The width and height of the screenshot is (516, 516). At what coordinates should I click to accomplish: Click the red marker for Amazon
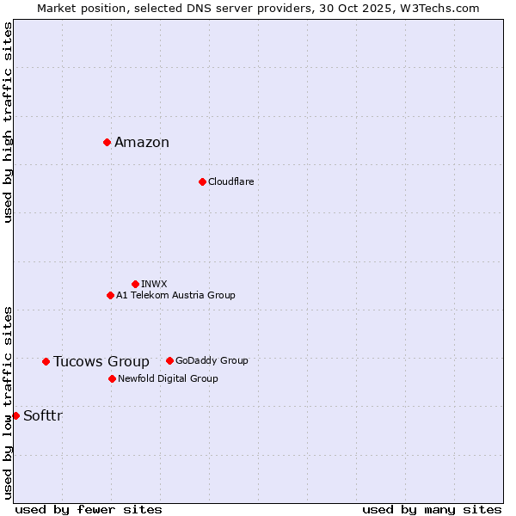107,142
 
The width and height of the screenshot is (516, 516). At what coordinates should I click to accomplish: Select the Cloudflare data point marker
202,181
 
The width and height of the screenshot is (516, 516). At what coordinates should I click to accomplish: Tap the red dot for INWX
135,284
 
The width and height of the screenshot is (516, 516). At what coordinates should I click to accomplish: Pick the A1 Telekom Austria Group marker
110,295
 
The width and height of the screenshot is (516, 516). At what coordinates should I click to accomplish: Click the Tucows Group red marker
46,361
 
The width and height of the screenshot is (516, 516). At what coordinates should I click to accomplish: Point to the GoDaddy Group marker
169,360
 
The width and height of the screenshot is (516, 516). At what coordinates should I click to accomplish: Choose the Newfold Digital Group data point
112,378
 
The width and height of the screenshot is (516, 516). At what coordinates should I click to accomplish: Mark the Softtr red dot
15,415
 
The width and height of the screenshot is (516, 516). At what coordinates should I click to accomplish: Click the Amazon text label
142,143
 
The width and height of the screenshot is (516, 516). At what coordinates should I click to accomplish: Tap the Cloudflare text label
230,181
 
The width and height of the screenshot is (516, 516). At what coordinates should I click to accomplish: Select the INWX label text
154,284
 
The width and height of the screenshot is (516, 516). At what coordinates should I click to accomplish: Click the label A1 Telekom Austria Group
175,295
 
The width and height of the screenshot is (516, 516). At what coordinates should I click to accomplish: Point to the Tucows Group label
101,361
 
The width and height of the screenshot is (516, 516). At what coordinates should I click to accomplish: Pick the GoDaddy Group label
212,360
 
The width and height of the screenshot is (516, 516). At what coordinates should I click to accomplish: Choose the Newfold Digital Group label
168,378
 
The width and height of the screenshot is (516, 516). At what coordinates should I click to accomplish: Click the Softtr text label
43,416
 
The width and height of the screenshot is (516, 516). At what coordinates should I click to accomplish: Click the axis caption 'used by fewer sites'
89,509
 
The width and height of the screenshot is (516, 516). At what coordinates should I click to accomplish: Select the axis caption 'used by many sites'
432,509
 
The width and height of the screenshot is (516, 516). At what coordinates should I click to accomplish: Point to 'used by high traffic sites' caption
8,122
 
